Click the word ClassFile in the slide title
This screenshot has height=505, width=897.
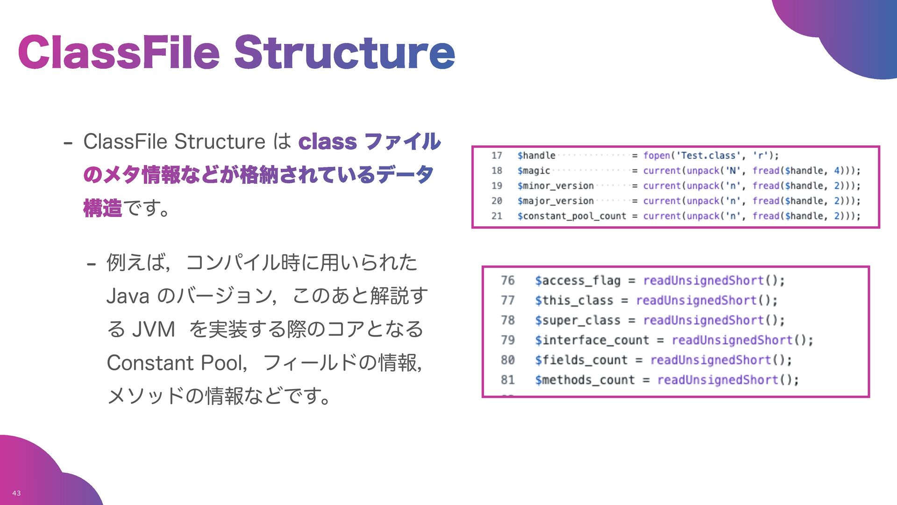click(x=119, y=52)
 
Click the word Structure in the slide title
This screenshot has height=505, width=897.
click(x=344, y=52)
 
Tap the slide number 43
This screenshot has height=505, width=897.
click(x=16, y=493)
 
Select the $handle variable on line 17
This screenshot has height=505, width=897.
click(x=536, y=156)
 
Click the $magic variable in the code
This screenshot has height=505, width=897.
click(x=534, y=171)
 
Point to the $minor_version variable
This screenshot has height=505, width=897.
click(x=555, y=186)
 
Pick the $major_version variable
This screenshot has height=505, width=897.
click(x=555, y=201)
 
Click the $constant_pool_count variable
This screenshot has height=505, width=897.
click(x=571, y=216)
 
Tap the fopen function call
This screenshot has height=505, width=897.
click(x=656, y=156)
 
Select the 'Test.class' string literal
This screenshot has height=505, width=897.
click(x=709, y=156)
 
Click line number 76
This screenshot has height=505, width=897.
click(x=507, y=281)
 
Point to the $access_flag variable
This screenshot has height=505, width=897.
click(x=577, y=281)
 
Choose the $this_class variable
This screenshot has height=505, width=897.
click(x=574, y=300)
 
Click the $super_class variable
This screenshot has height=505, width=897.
click(x=577, y=320)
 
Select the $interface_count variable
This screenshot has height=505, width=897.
click(x=592, y=340)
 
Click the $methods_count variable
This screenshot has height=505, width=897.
click(x=584, y=380)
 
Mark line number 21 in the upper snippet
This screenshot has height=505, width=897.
click(x=497, y=216)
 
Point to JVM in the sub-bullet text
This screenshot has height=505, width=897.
click(x=154, y=329)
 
